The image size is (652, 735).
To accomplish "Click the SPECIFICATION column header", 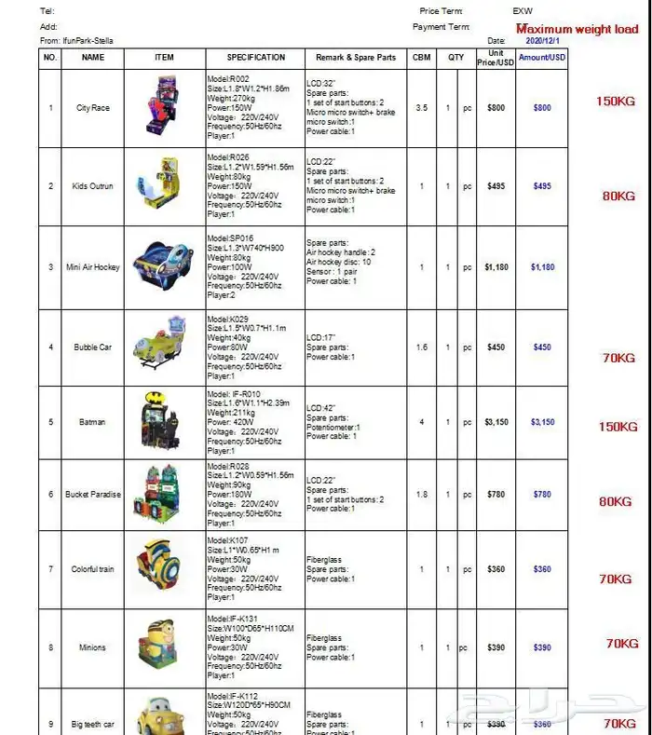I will [x=255, y=57].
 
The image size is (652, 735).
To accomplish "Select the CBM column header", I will [x=421, y=57].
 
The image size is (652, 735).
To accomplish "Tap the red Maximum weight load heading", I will [x=577, y=30].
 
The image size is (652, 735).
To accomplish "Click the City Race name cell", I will [x=93, y=108].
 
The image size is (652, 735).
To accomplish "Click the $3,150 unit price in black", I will [x=496, y=422].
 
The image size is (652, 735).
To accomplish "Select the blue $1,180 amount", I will [x=542, y=267].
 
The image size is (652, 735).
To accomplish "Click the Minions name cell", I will [x=92, y=647].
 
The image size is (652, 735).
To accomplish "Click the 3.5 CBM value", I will [x=421, y=108].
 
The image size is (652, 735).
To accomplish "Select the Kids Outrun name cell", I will [x=93, y=186].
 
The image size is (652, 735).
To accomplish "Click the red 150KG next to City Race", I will [x=616, y=102].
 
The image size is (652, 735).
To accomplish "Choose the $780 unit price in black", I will [x=496, y=495].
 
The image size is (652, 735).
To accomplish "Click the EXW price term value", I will [x=523, y=11].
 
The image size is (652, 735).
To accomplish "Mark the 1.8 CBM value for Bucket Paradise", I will [x=421, y=495].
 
